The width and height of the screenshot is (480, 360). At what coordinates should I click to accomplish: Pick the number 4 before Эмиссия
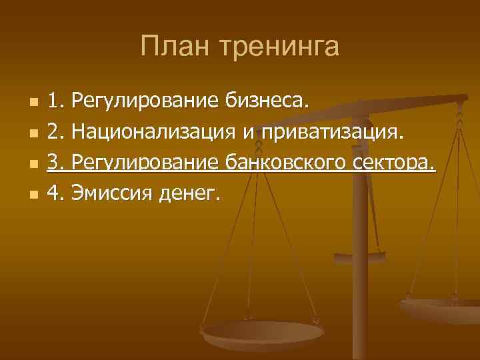coord(55,194)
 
